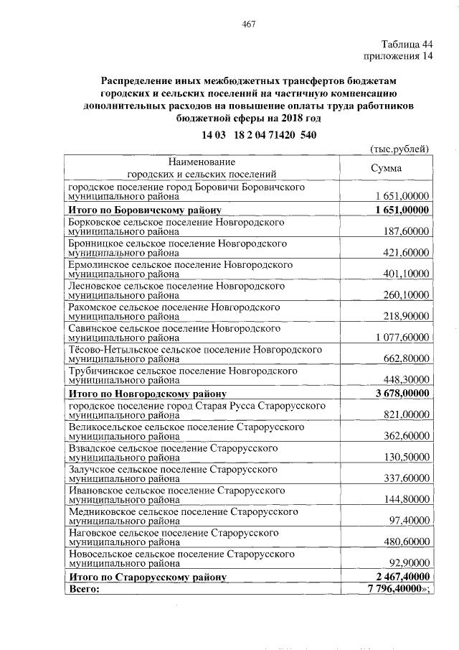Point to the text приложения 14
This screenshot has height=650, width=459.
click(399, 56)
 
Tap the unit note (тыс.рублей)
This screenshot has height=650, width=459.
click(399, 149)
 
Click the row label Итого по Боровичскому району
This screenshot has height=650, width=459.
click(144, 210)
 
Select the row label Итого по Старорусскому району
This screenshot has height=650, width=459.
click(147, 577)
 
